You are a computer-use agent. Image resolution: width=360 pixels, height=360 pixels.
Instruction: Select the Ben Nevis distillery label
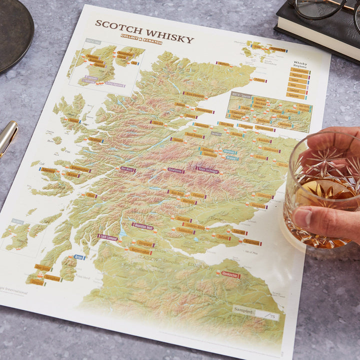(127, 169)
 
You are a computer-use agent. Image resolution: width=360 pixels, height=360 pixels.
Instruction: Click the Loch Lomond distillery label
(108, 238)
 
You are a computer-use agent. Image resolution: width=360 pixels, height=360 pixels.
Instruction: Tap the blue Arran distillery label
(78, 257)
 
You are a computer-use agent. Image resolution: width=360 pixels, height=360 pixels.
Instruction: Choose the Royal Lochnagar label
(207, 170)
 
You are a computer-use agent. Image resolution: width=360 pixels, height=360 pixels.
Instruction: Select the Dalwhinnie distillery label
(175, 171)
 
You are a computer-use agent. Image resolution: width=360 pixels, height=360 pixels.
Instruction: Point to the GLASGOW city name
(149, 259)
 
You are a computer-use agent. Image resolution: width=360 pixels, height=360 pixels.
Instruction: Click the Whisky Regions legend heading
(300, 65)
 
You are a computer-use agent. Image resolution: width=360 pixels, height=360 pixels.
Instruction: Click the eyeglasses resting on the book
(320, 8)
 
